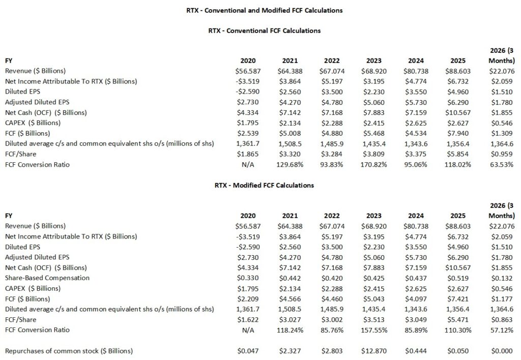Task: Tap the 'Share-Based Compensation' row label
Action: click(47, 278)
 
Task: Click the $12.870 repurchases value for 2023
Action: click(374, 351)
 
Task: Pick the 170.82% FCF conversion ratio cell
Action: click(375, 164)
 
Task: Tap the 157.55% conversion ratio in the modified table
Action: click(375, 329)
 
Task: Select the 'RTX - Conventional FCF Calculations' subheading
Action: click(264, 31)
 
